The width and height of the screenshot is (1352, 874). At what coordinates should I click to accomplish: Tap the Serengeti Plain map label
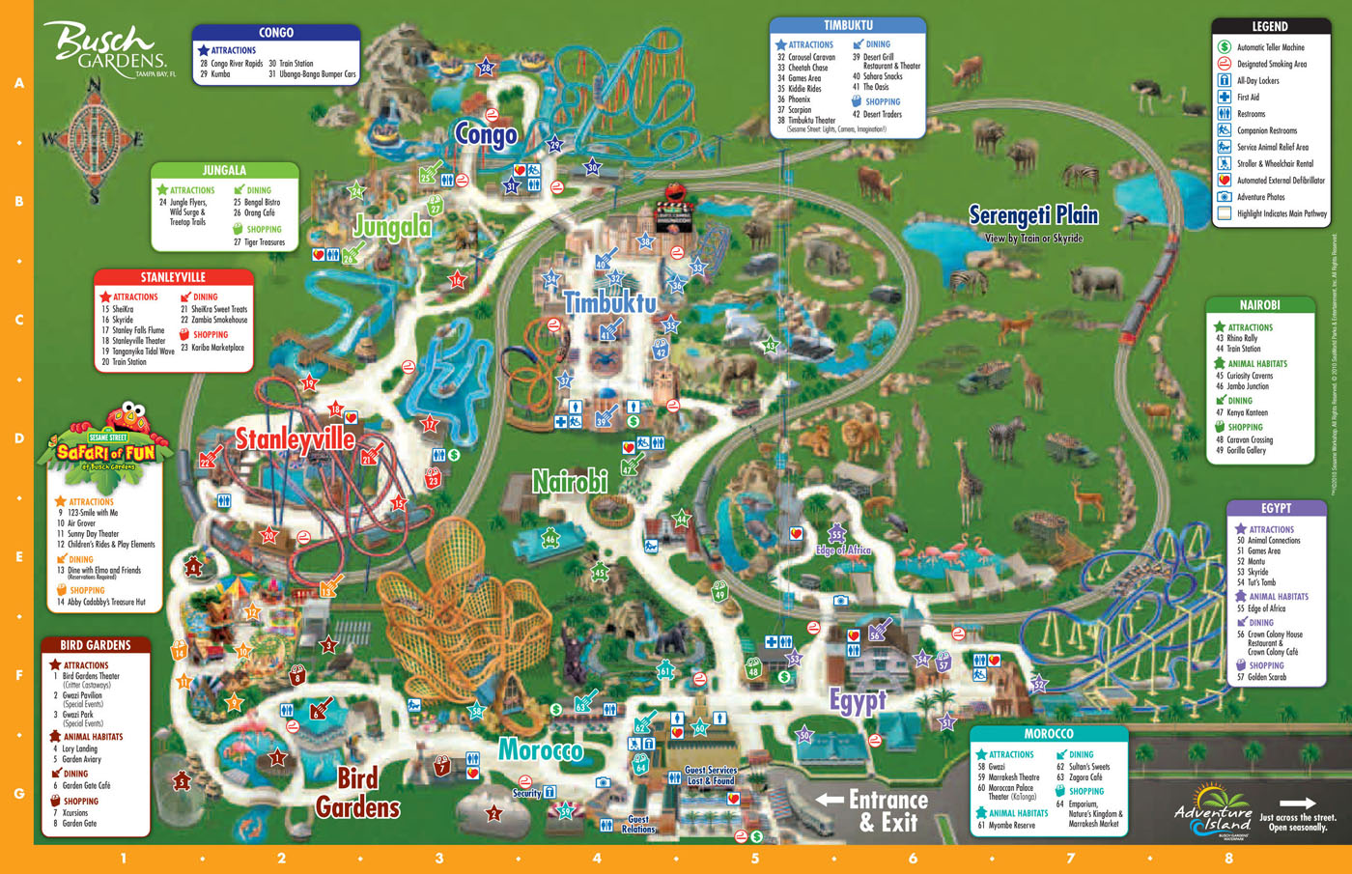(x=1033, y=215)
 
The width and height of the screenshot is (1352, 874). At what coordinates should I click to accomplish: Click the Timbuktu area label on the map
(x=609, y=302)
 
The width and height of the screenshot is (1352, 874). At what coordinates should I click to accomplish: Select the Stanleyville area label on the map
(x=296, y=439)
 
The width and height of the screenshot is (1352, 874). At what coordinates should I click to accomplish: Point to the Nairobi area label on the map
(x=570, y=480)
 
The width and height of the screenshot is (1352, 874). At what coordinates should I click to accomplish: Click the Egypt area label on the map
(x=858, y=700)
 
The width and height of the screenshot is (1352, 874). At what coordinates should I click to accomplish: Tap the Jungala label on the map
(x=392, y=226)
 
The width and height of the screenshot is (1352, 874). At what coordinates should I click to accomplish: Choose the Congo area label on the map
(x=486, y=134)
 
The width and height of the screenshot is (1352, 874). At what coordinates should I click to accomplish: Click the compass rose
(x=94, y=141)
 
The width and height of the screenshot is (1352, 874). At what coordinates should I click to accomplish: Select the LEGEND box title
(x=1269, y=26)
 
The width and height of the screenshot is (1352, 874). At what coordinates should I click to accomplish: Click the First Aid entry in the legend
(x=1248, y=98)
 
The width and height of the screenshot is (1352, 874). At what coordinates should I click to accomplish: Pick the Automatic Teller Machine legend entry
(x=1270, y=47)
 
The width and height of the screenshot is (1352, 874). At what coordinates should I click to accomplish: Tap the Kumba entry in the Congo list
(x=220, y=74)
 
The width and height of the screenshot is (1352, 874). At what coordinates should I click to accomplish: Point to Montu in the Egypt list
(x=1255, y=561)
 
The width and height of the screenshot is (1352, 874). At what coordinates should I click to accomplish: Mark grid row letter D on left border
(x=18, y=438)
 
